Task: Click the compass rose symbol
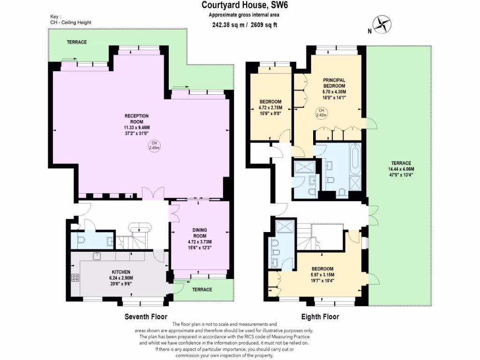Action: tap(382, 24)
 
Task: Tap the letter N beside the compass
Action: tap(370, 31)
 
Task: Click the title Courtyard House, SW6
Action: tap(245, 5)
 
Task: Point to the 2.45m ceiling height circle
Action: tap(154, 145)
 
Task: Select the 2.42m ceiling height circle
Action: tap(322, 112)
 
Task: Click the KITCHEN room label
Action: tap(121, 272)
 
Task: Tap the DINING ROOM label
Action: tap(200, 233)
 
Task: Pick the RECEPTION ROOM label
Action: tap(136, 119)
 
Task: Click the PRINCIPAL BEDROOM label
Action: tap(334, 83)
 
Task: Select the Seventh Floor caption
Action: tap(146, 316)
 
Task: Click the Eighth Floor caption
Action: tap(320, 316)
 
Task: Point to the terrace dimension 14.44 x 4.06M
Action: tap(401, 169)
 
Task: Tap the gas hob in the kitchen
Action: tap(75, 277)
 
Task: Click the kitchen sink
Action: tap(97, 256)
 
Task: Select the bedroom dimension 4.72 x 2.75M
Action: tap(270, 107)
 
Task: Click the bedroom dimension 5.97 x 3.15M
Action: tap(322, 275)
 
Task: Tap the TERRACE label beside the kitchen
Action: tap(202, 290)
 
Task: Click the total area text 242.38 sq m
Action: tap(228, 25)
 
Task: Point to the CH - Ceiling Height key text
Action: tap(71, 22)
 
